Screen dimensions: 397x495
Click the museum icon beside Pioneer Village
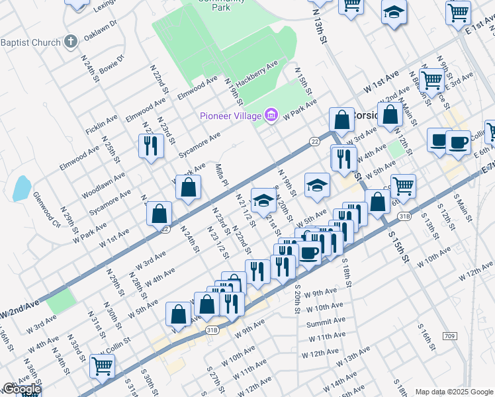click(x=270, y=116)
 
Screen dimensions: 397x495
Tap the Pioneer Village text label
click(x=232, y=116)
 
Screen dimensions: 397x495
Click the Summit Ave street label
click(x=325, y=324)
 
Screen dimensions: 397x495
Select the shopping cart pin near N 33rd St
click(x=102, y=365)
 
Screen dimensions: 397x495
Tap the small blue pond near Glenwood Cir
click(x=21, y=188)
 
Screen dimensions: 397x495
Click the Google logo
click(x=21, y=390)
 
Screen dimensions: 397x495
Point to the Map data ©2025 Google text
click(x=454, y=392)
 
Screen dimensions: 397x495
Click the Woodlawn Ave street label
click(x=103, y=186)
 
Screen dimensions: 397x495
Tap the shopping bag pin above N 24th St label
click(x=188, y=187)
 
